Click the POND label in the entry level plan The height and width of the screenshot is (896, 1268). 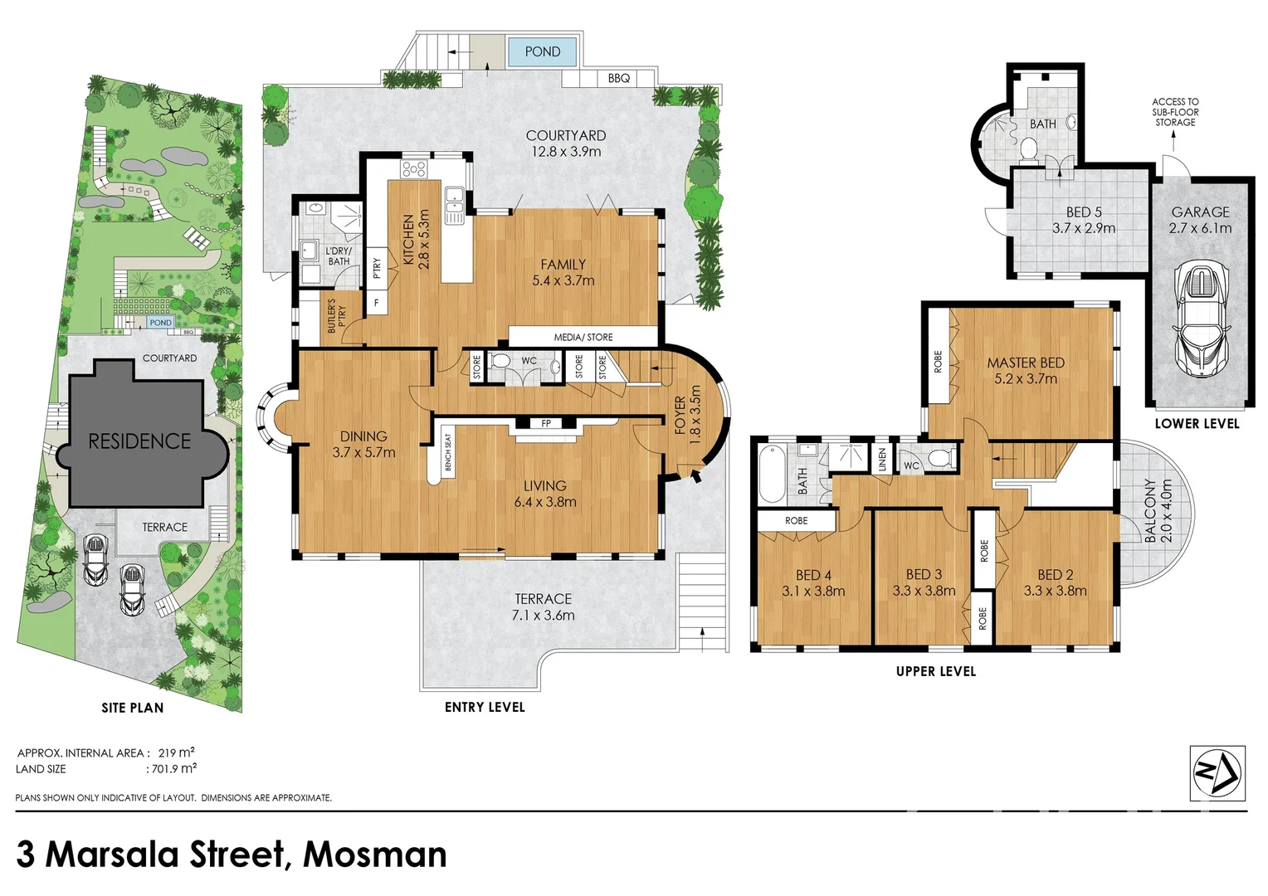click(542, 51)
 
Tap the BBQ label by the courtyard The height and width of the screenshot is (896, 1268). click(618, 78)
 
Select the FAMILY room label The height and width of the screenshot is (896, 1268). click(563, 265)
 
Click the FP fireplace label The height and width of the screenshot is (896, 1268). click(546, 423)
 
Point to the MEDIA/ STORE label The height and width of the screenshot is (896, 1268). click(583, 337)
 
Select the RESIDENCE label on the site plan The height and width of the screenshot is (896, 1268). click(139, 441)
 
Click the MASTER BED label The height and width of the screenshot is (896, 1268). click(1026, 363)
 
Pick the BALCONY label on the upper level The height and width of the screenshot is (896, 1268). click(1150, 510)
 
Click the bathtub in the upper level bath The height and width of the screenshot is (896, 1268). click(771, 475)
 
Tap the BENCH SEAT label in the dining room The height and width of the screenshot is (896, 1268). click(447, 453)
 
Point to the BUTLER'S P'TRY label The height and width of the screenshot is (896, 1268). click(336, 316)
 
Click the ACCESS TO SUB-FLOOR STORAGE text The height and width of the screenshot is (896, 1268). click(1175, 112)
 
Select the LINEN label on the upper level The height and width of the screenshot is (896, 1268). click(882, 458)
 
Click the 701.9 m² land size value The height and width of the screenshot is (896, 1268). click(173, 769)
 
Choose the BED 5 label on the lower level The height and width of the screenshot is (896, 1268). click(1084, 212)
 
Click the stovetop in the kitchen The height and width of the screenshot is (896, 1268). click(413, 169)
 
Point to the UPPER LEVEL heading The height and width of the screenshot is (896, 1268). click(935, 671)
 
